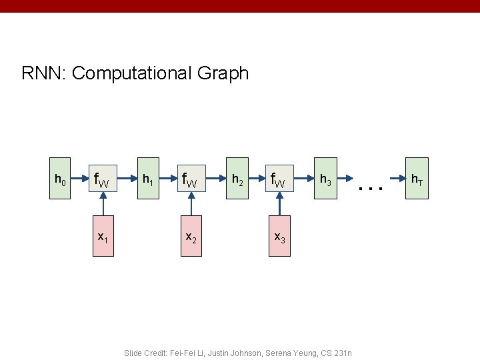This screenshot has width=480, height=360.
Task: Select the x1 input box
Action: point(103,236)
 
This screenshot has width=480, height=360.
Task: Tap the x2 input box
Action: point(191,236)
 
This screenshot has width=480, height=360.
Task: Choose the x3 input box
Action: point(279,236)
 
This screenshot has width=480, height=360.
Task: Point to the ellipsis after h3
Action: point(371,188)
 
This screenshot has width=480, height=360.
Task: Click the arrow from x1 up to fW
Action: point(103,207)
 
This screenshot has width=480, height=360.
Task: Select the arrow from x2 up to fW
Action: point(191,207)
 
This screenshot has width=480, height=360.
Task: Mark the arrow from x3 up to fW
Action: point(279,207)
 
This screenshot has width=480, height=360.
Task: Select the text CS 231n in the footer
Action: point(335,352)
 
